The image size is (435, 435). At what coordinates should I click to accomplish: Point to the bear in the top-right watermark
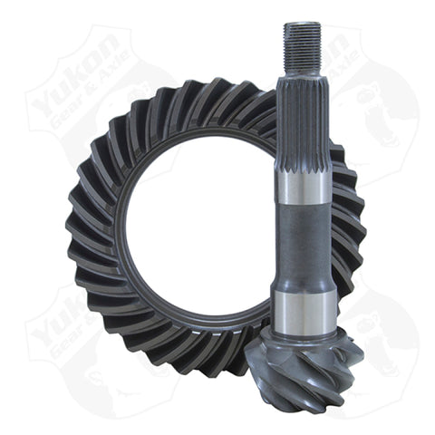pyautogui.click(x=381, y=100)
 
